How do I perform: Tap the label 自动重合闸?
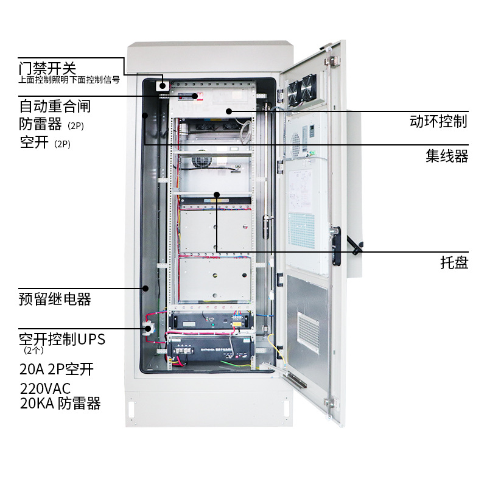click(x=55, y=106)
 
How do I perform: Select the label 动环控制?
click(x=438, y=121)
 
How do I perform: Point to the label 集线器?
click(x=446, y=156)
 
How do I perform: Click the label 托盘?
click(x=454, y=263)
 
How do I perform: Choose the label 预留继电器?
click(x=55, y=299)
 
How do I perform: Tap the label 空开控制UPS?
click(x=61, y=339)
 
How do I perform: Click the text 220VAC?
click(x=45, y=388)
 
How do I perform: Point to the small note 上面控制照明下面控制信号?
click(x=68, y=79)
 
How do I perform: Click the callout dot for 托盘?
click(x=217, y=195)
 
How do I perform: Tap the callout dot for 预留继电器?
click(x=145, y=287)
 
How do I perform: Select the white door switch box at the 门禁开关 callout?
click(x=163, y=85)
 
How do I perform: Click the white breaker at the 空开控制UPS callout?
click(x=148, y=329)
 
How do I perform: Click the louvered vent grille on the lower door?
click(x=308, y=332)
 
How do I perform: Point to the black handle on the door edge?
click(x=336, y=245)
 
